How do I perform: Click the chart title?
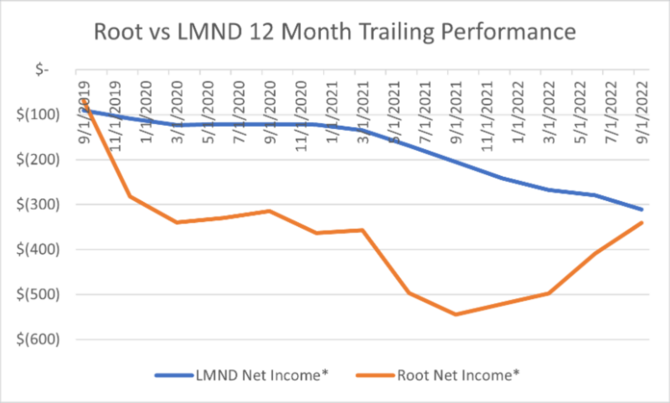[x=335, y=33]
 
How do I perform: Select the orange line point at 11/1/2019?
[x=130, y=196]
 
